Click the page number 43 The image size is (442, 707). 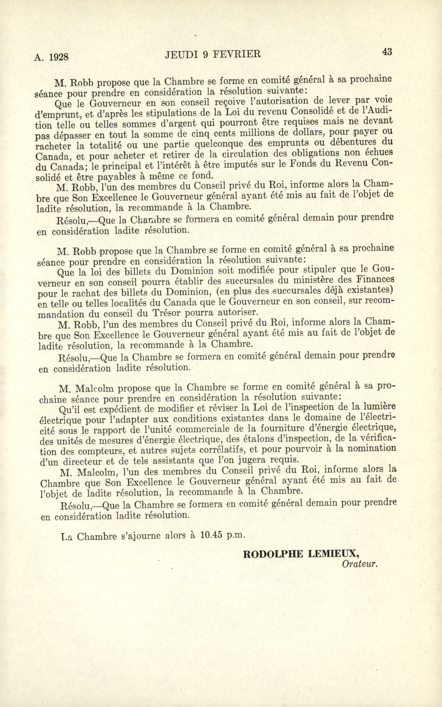(387, 52)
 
